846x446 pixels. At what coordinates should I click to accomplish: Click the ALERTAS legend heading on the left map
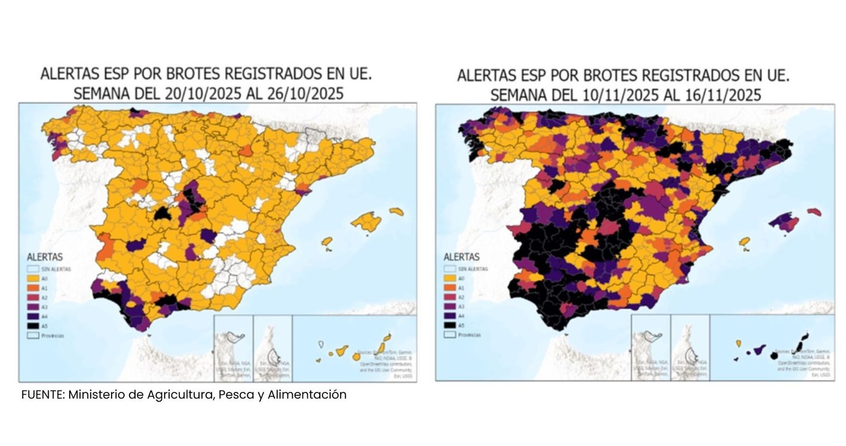(x=44, y=257)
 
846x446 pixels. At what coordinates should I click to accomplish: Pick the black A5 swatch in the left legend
(x=33, y=326)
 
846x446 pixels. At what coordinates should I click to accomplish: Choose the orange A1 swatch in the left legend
(x=33, y=288)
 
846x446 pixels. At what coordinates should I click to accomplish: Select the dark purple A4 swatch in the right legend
(x=450, y=316)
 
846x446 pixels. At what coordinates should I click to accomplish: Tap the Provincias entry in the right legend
(x=469, y=335)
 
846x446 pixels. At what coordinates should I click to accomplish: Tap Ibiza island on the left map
(x=327, y=242)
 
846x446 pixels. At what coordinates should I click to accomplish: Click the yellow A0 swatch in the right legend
(x=450, y=278)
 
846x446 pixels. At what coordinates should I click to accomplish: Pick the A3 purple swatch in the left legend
(x=33, y=307)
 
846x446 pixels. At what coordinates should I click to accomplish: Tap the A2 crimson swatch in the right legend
(x=450, y=297)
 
